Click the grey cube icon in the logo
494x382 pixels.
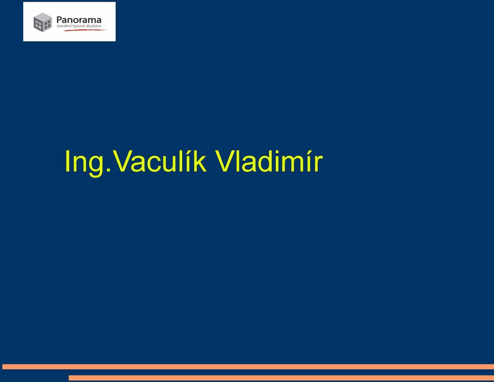coord(43,22)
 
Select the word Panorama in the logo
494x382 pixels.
coord(79,20)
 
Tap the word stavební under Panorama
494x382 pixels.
coord(64,26)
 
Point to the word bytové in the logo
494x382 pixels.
coord(78,26)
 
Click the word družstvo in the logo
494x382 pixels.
coord(94,26)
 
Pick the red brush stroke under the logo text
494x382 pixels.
coord(86,30)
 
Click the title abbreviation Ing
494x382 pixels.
coord(88,162)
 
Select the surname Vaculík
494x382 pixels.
coord(160,161)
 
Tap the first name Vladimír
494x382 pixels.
coord(269,161)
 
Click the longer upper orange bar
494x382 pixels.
coord(248,367)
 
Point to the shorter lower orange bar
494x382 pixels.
coord(281,378)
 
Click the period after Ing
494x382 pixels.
coord(109,170)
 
